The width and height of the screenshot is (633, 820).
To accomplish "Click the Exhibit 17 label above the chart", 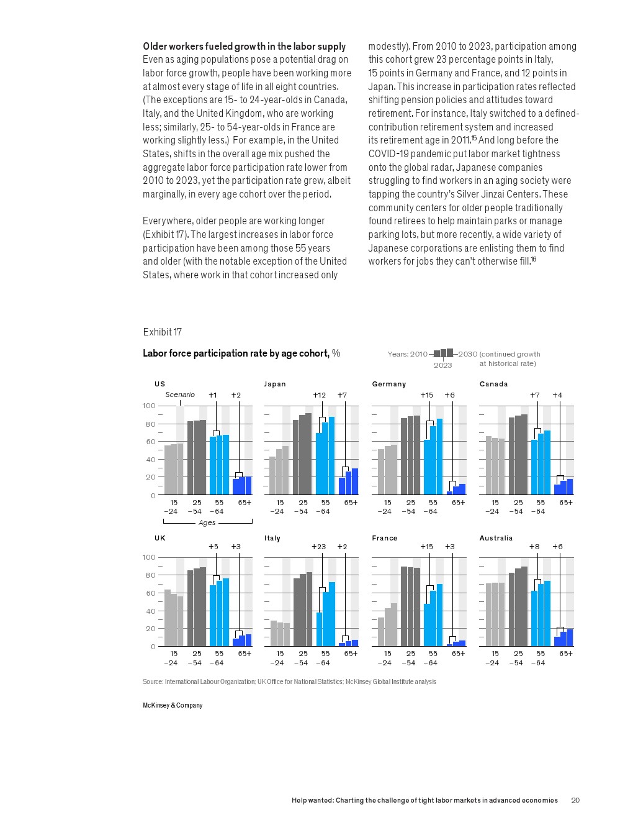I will tap(162, 332).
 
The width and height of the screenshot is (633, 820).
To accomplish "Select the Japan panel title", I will tap(275, 384).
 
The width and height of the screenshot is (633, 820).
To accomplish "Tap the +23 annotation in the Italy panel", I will tap(318, 547).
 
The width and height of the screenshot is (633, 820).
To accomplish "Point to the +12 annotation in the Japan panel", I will tap(319, 395).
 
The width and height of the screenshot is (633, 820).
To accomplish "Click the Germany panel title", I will tap(388, 384).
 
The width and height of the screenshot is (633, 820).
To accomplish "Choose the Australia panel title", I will tap(496, 538).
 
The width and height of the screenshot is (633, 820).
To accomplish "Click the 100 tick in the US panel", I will tap(149, 406).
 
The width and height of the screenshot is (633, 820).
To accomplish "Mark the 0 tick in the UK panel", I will tap(153, 647).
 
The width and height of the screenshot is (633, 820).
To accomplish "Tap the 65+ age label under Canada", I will tap(566, 503).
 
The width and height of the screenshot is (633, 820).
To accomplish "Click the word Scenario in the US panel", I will tap(180, 394).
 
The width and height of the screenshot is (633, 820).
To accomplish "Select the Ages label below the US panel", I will tap(207, 522).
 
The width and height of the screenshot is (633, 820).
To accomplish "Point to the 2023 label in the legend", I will tap(442, 365).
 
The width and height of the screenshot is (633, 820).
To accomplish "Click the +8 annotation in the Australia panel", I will tap(534, 547).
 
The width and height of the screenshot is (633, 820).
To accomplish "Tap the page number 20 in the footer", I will tap(575, 800).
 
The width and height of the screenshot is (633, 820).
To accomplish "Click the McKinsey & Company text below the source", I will tap(173, 705).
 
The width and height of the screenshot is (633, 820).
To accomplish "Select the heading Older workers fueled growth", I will tap(244, 46).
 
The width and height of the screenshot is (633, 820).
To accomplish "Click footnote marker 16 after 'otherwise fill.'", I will tap(533, 259).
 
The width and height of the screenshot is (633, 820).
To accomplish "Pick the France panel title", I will tap(385, 538).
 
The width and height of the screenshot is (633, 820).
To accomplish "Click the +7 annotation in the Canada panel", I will tap(535, 395).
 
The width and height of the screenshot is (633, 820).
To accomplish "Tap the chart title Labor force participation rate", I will tap(236, 353).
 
